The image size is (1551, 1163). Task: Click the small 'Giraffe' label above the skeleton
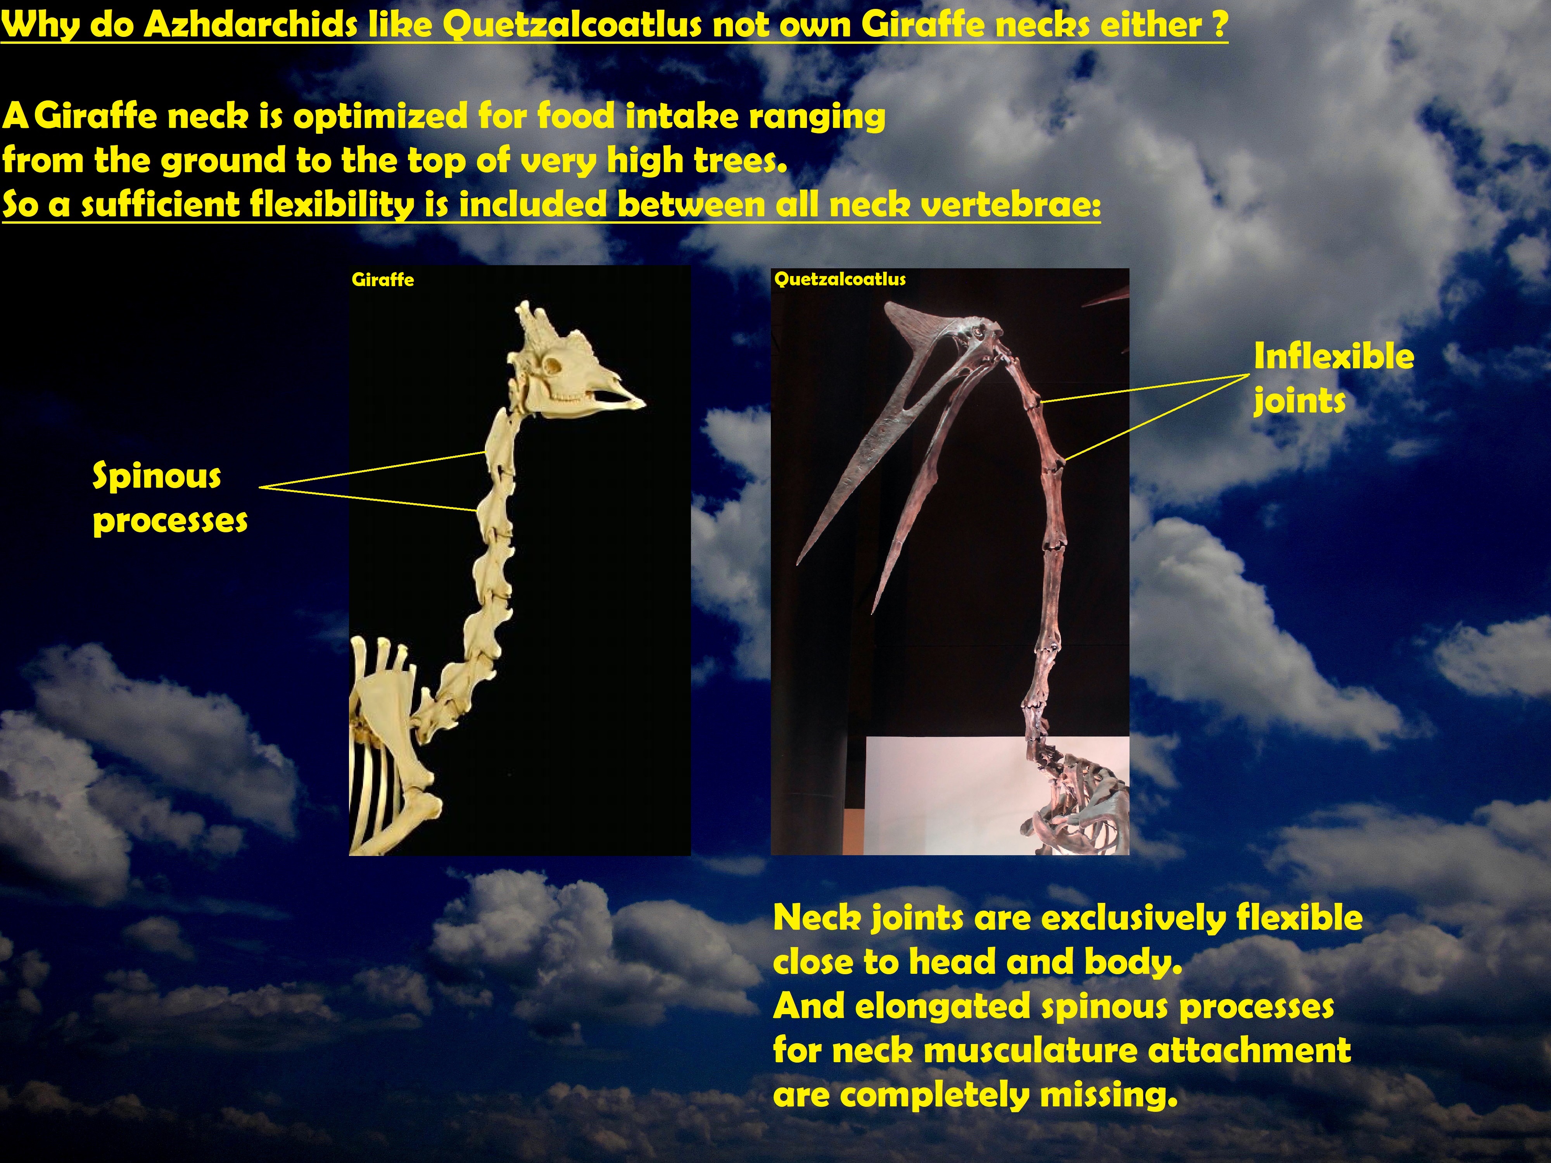coord(383,280)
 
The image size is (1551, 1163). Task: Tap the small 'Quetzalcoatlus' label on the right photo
coord(840,279)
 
